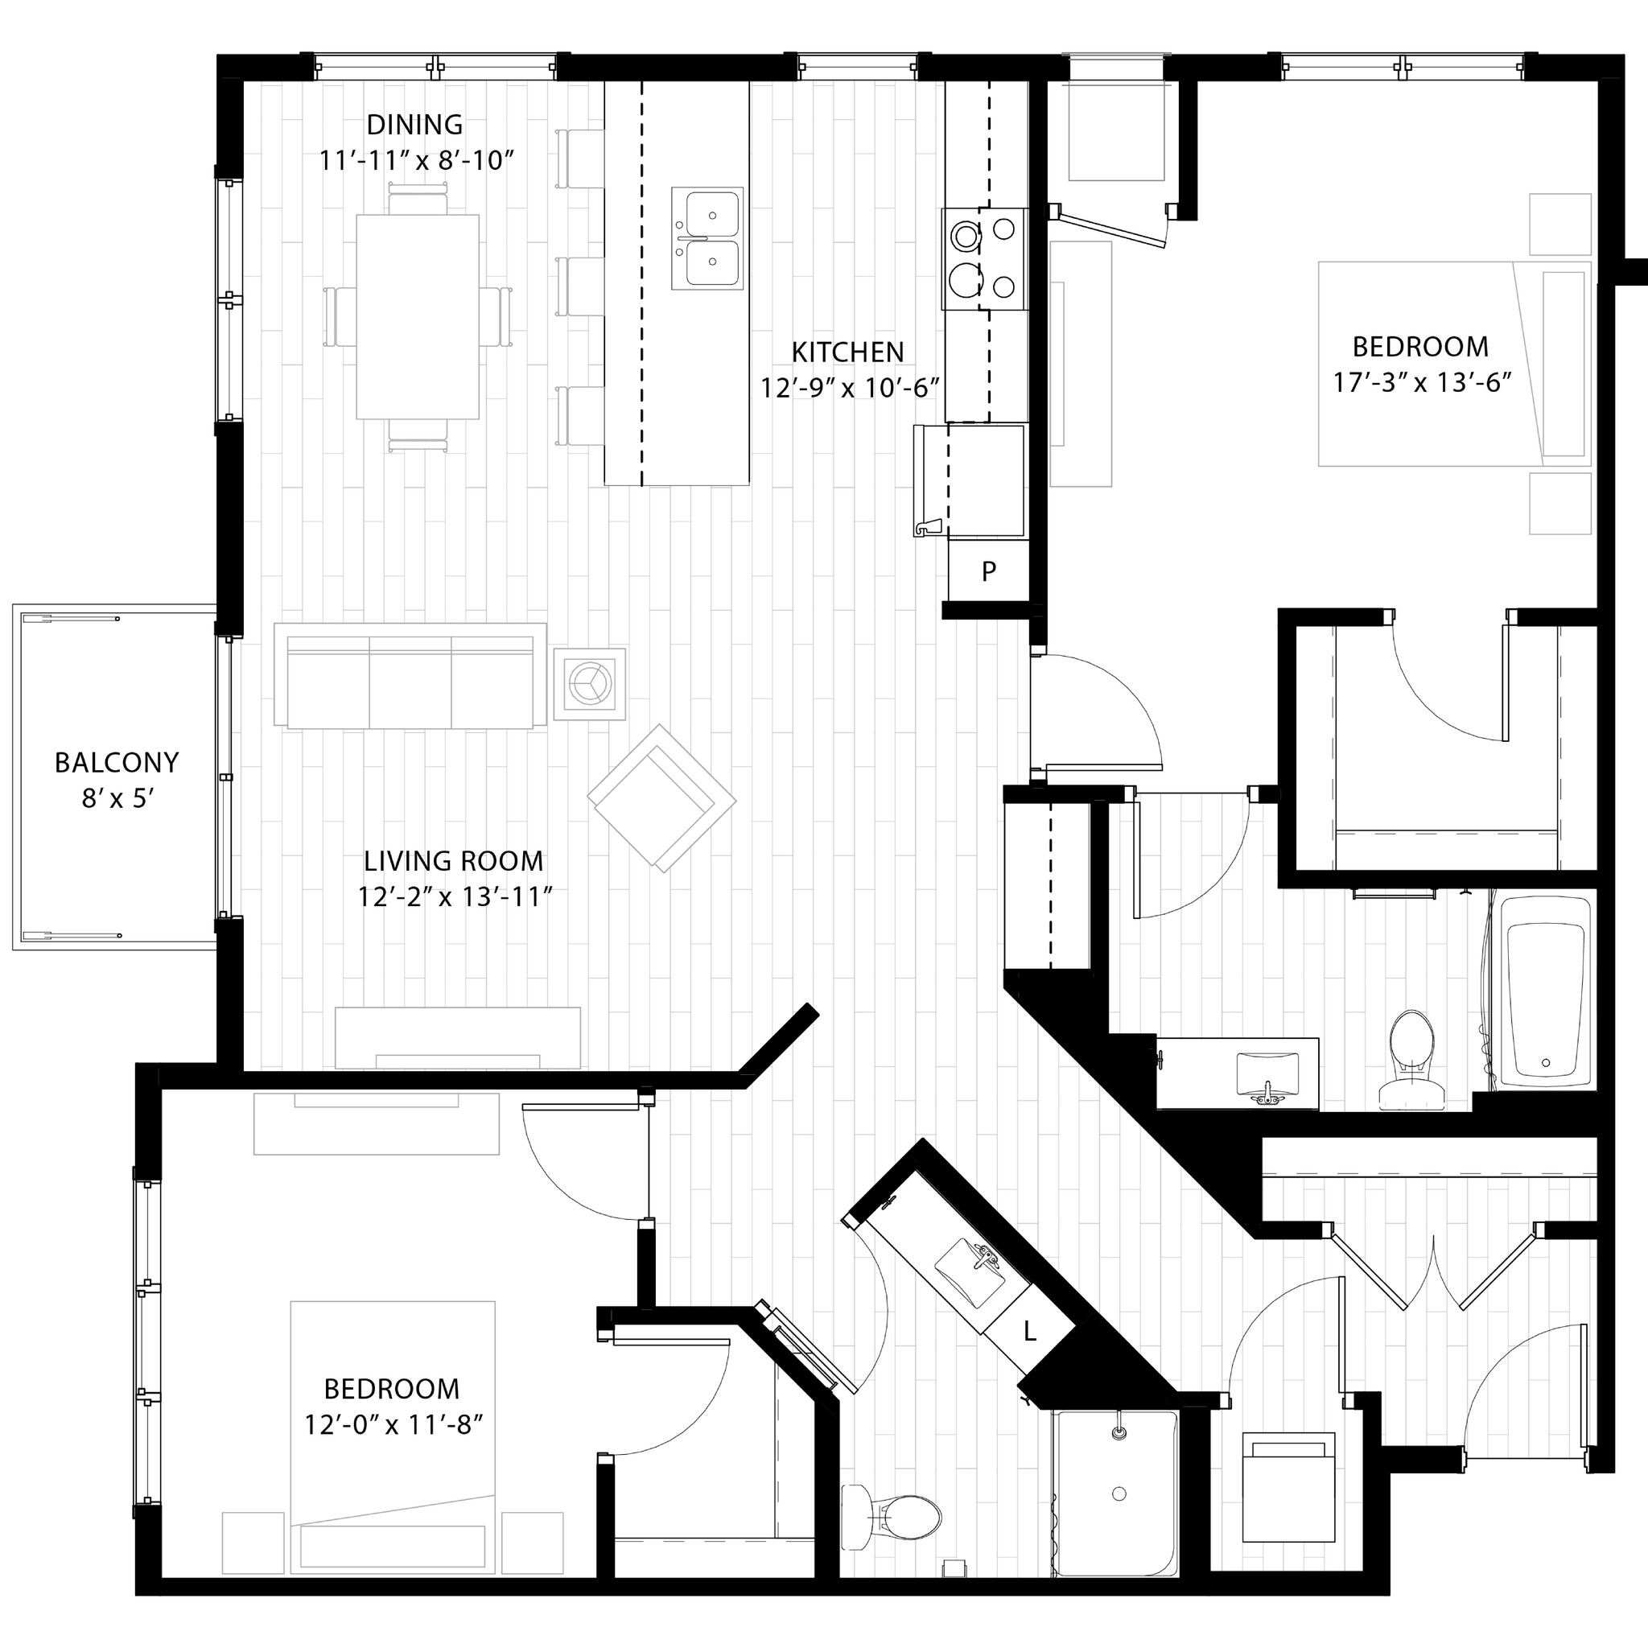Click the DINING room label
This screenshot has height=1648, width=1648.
[x=414, y=125]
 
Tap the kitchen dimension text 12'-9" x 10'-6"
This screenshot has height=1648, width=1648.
[x=850, y=388]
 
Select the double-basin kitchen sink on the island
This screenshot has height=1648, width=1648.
[x=707, y=238]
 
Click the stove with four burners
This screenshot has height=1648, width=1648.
[x=983, y=258]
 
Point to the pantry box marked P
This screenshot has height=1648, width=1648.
[x=988, y=571]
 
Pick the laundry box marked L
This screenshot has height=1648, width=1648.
[x=1029, y=1331]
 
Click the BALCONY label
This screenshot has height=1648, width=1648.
[x=117, y=762]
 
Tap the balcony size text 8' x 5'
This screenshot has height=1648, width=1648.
[x=117, y=798]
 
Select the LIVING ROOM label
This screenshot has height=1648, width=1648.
[x=453, y=861]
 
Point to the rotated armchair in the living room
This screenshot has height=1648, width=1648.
[x=661, y=797]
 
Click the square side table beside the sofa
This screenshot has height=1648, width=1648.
[x=589, y=683]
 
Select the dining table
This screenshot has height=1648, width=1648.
[x=417, y=316]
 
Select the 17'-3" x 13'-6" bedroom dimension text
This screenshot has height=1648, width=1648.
[x=1422, y=382]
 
